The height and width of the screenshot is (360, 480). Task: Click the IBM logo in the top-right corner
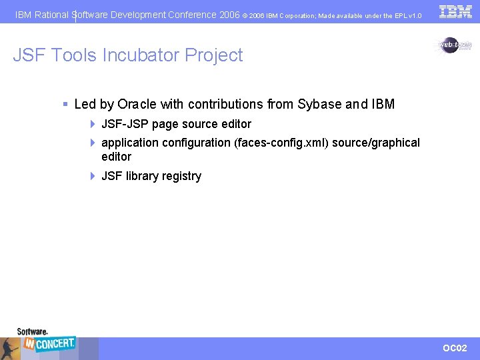455,11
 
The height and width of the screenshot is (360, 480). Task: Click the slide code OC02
455,348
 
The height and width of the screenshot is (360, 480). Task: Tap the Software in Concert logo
46,342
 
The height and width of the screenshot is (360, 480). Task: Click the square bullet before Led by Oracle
65,104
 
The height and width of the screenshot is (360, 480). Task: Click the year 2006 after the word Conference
229,15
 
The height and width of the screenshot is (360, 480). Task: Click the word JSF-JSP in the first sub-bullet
125,124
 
